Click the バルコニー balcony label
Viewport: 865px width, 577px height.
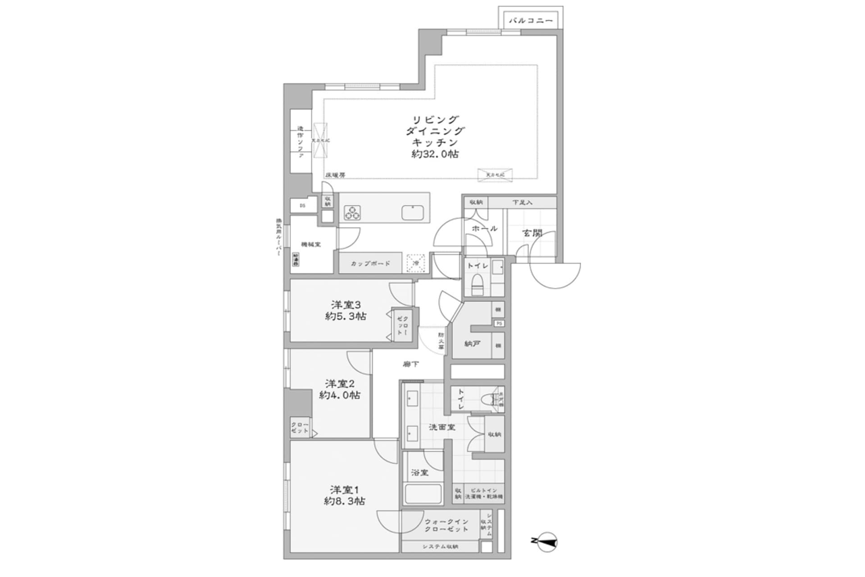coord(530,21)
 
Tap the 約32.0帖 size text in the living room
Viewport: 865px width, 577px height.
coord(435,154)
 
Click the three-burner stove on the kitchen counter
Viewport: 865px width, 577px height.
coord(352,213)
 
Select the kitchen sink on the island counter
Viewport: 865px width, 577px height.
coord(412,213)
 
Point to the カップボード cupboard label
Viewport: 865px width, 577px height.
coord(370,264)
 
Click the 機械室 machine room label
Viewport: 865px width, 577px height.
coord(311,245)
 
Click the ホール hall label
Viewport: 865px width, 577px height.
coord(484,229)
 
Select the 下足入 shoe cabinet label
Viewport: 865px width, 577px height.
coord(522,203)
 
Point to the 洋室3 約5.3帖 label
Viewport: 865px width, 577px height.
coord(346,311)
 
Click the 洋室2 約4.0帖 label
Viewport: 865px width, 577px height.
coord(340,389)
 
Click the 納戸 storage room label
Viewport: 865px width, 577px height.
coord(472,344)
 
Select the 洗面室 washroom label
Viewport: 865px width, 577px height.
coord(442,427)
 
